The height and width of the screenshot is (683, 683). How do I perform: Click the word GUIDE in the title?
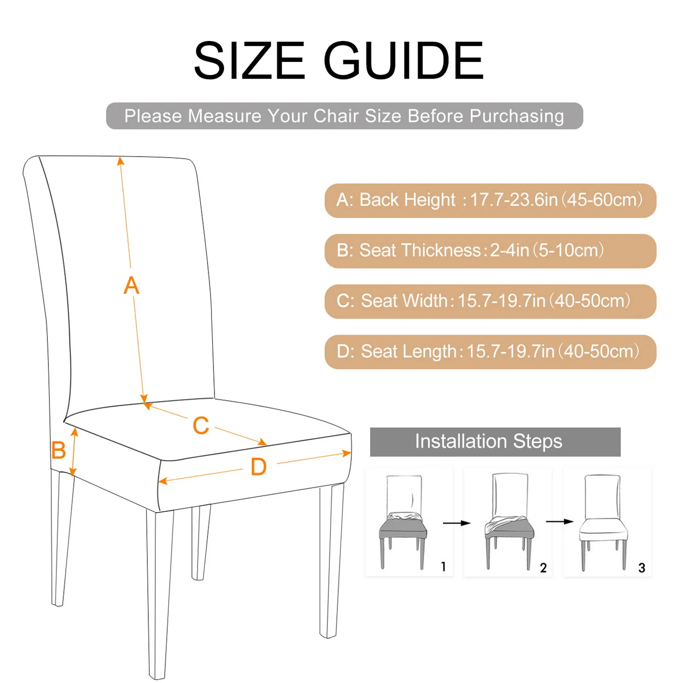403,61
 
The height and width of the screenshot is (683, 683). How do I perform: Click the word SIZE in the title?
249,61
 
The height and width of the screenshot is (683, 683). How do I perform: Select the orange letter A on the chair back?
131,286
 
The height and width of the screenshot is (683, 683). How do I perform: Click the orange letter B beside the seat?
58,450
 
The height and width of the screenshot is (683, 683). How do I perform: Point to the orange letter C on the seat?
201,426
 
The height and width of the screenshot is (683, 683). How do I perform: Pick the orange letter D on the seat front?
259,467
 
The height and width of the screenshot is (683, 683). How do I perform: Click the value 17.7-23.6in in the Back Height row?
514,200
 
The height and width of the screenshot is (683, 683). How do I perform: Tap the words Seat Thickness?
420,250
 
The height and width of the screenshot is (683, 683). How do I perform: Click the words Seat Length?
409,351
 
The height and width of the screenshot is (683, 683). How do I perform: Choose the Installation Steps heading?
488,441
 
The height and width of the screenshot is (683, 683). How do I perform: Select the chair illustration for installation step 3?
603,522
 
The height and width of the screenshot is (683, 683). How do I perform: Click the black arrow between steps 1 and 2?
456,523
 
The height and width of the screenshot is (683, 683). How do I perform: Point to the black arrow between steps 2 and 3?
559,521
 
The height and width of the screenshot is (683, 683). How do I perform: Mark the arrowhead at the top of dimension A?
121,161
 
